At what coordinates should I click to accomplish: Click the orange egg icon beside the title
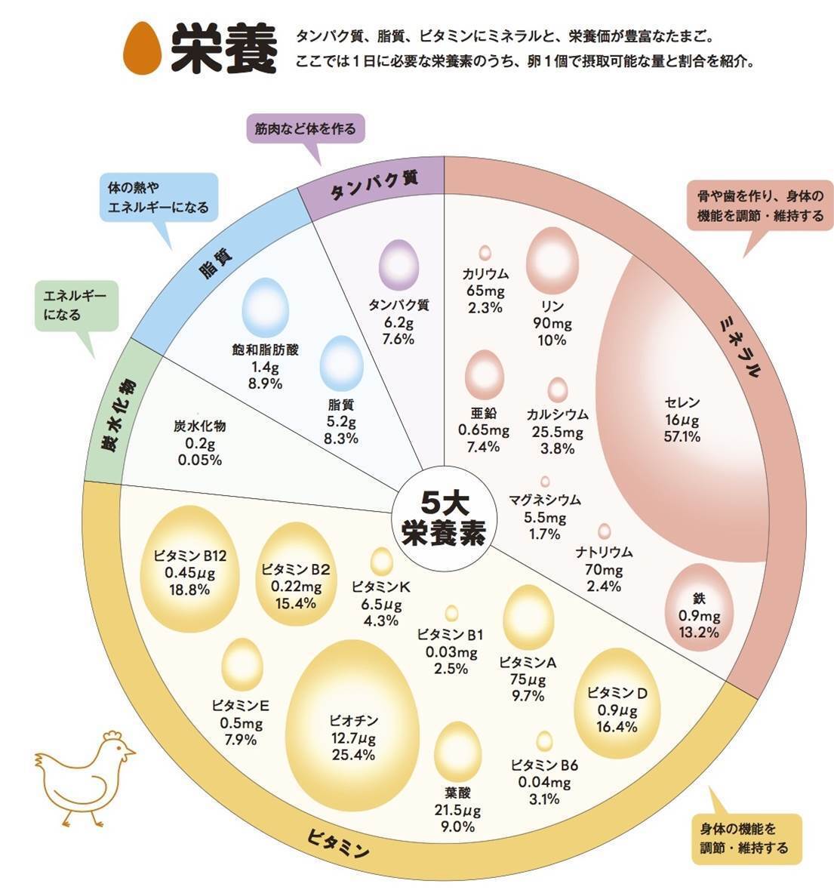click(143, 48)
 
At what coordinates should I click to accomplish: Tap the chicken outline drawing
click(86, 777)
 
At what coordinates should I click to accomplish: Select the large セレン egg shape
click(682, 408)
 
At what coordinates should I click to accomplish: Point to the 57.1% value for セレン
click(682, 437)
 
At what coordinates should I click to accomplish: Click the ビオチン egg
click(352, 725)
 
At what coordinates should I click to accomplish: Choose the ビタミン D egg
click(617, 703)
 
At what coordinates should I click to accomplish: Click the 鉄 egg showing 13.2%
click(699, 608)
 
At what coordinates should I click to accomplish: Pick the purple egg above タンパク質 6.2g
click(399, 265)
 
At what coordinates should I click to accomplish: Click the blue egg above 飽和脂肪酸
click(265, 307)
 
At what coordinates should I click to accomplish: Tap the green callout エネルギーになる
click(76, 306)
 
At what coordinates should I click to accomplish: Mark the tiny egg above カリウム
click(485, 253)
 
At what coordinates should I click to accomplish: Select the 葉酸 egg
click(457, 750)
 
